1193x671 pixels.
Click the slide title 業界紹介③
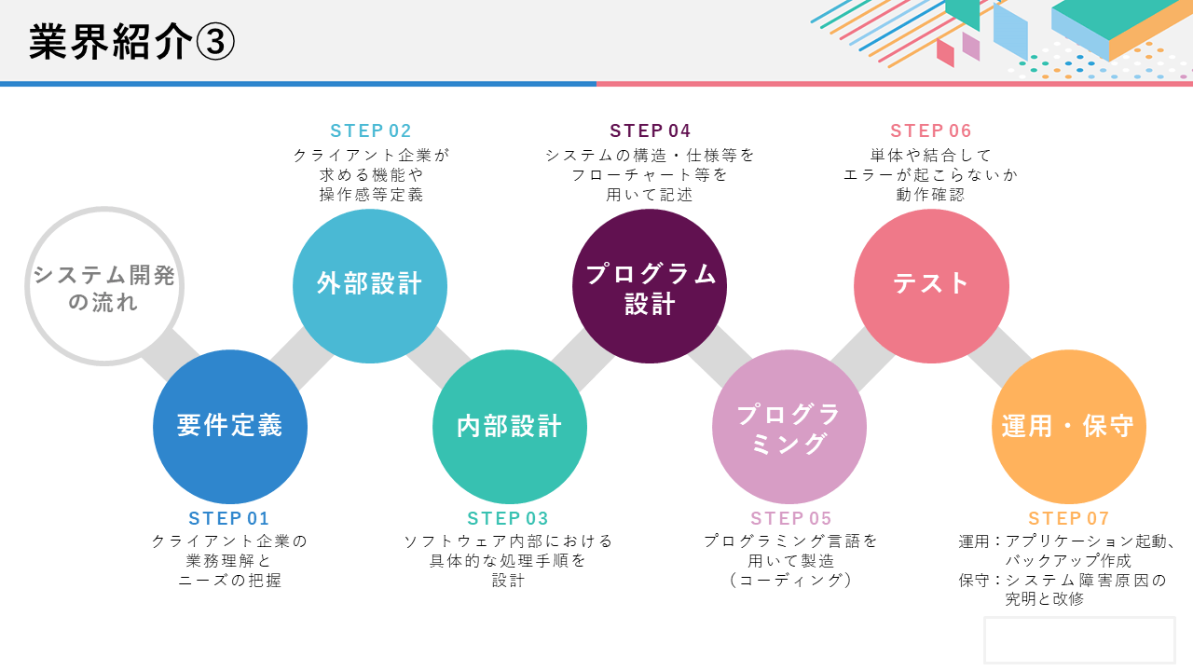click(x=131, y=42)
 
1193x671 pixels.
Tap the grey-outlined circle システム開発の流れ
click(x=104, y=286)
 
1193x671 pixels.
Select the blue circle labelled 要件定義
click(x=230, y=427)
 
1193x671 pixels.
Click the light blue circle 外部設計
click(x=370, y=286)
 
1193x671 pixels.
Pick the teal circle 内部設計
click(x=510, y=427)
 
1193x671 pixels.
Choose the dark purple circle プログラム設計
click(x=650, y=286)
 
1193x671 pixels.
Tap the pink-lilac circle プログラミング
click(x=789, y=427)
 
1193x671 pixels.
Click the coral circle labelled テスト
click(x=931, y=286)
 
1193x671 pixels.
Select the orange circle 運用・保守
click(x=1069, y=427)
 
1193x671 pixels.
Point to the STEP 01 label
click(x=229, y=518)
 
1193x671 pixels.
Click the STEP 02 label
click(x=371, y=130)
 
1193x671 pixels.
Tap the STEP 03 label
click(x=508, y=518)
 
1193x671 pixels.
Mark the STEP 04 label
click(x=651, y=130)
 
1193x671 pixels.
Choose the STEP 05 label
click(x=791, y=518)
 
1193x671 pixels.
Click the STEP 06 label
click(x=931, y=130)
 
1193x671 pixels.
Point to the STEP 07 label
click(x=1069, y=518)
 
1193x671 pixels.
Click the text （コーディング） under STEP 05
click(x=791, y=580)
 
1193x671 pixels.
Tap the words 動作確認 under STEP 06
click(x=930, y=195)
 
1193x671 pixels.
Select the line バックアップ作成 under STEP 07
click(x=1068, y=560)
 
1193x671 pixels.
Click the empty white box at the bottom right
click(x=1079, y=640)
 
